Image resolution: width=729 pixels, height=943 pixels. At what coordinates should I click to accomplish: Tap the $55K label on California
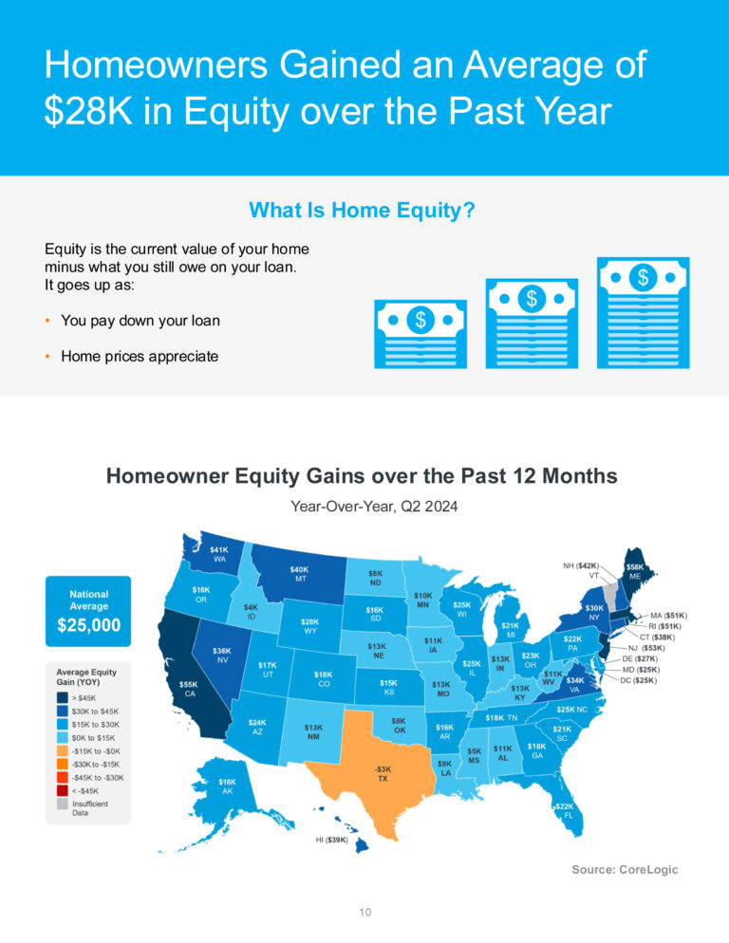pyautogui.click(x=189, y=684)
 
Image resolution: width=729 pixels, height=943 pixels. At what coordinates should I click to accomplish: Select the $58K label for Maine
pyautogui.click(x=634, y=566)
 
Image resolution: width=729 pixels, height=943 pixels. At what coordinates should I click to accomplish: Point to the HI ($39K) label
pyautogui.click(x=331, y=840)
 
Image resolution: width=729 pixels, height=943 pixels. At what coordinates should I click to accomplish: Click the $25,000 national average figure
pyautogui.click(x=89, y=625)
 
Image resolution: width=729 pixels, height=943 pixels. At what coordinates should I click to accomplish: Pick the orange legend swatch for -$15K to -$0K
pyautogui.click(x=62, y=750)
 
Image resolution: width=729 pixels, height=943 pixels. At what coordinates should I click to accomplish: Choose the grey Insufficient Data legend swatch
pyautogui.click(x=62, y=804)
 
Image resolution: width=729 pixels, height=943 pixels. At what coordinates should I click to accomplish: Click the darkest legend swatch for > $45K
pyautogui.click(x=62, y=697)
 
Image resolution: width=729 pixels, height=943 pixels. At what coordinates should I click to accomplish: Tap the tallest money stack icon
pyautogui.click(x=643, y=313)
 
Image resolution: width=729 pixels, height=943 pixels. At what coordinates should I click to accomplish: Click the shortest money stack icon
pyautogui.click(x=421, y=334)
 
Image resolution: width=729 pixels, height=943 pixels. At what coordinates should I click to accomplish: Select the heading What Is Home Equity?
pyautogui.click(x=362, y=210)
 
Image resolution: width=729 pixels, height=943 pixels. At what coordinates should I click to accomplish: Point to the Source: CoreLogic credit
pyautogui.click(x=625, y=869)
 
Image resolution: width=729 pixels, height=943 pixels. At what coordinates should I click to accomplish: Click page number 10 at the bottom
pyautogui.click(x=364, y=913)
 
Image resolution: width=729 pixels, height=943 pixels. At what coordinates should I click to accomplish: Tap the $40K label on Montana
pyautogui.click(x=299, y=569)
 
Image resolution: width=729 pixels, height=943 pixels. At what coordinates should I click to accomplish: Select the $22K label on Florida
pyautogui.click(x=565, y=805)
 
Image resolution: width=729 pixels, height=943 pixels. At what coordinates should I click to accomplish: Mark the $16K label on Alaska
pyautogui.click(x=227, y=782)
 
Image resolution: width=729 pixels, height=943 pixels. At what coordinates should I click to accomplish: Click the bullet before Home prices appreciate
pyautogui.click(x=47, y=357)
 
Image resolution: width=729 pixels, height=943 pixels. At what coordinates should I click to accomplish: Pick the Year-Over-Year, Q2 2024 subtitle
pyautogui.click(x=374, y=507)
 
